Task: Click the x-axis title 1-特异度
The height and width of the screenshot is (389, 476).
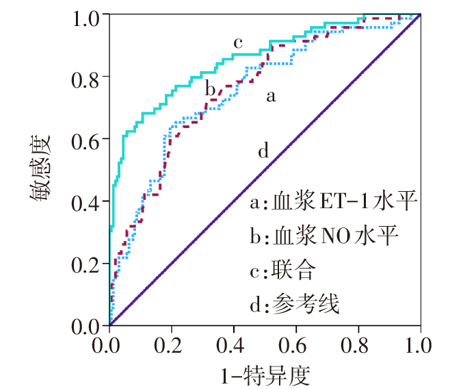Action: click(265, 373)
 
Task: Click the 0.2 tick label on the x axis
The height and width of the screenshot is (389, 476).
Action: click(172, 343)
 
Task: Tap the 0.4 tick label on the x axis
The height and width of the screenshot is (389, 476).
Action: click(234, 343)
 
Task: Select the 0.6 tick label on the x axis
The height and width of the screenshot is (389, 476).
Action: click(296, 343)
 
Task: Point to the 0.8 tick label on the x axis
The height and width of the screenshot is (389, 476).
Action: click(358, 343)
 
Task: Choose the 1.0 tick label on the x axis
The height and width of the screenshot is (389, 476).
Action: click(420, 343)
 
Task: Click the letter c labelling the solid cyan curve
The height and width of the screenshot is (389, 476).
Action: click(238, 43)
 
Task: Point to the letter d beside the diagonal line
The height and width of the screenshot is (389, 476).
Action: click(264, 151)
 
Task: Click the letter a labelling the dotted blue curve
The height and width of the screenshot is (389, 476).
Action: click(271, 97)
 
